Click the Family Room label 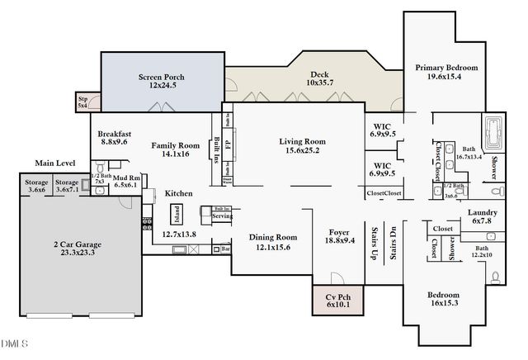176,149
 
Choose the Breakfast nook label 115,137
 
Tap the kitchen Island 176,215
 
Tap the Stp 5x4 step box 82,102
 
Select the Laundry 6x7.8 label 482,216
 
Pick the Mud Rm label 125,182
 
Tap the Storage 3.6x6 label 36,186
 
